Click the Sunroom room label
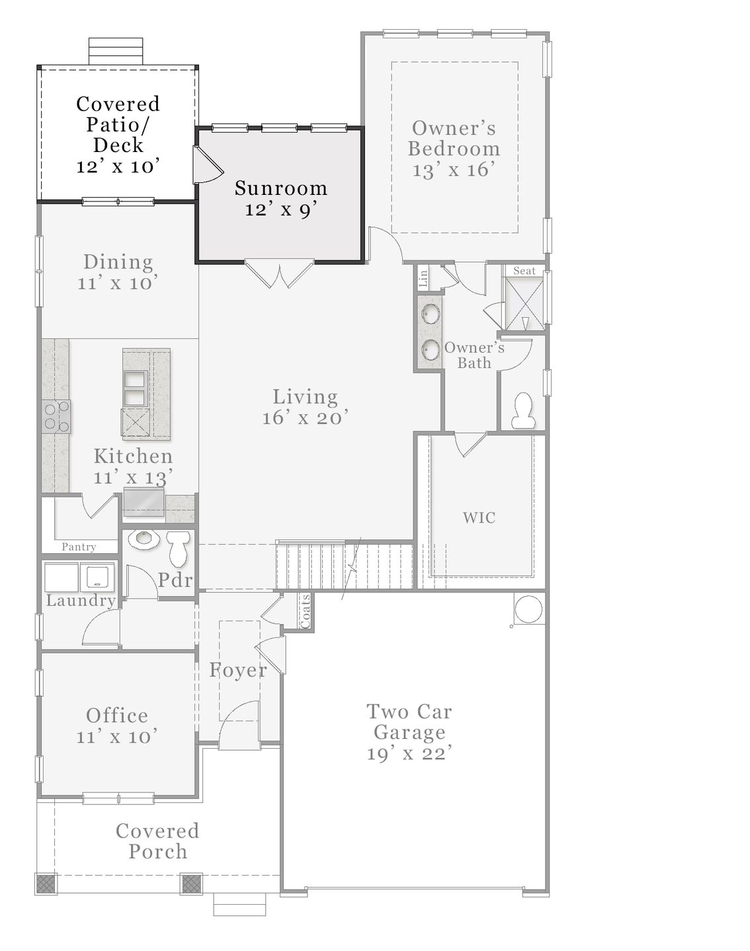click(x=281, y=188)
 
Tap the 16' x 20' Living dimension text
click(x=305, y=418)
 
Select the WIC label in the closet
click(x=479, y=517)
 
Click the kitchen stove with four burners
click(x=56, y=417)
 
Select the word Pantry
click(x=79, y=547)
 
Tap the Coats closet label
click(x=306, y=611)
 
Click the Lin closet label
click(x=423, y=276)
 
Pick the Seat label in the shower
click(x=524, y=271)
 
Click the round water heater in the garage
click(x=528, y=609)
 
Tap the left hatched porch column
click(x=46, y=884)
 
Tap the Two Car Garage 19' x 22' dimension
click(x=409, y=753)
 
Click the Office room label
click(x=117, y=715)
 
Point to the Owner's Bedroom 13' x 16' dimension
click(x=454, y=170)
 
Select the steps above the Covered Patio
click(x=116, y=52)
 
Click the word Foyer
click(x=238, y=670)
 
